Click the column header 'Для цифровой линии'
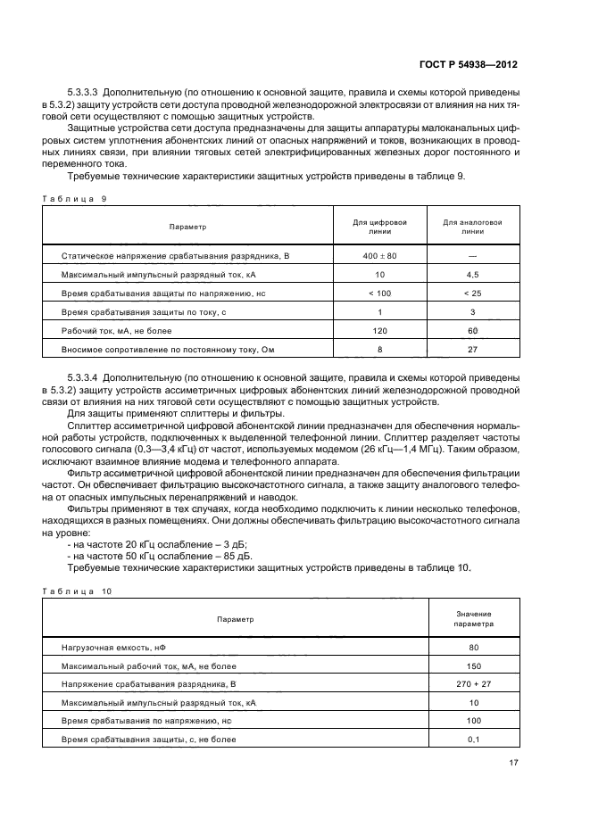tap(380, 226)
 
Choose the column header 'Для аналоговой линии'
tap(473, 226)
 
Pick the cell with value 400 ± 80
tap(380, 256)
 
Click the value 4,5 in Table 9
tap(473, 276)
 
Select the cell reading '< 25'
tap(473, 293)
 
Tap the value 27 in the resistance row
tap(473, 349)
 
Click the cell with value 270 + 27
tap(473, 684)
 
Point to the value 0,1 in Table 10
tap(473, 740)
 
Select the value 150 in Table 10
tap(473, 666)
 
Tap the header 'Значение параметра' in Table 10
tap(473, 619)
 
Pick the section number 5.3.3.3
tap(86, 94)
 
